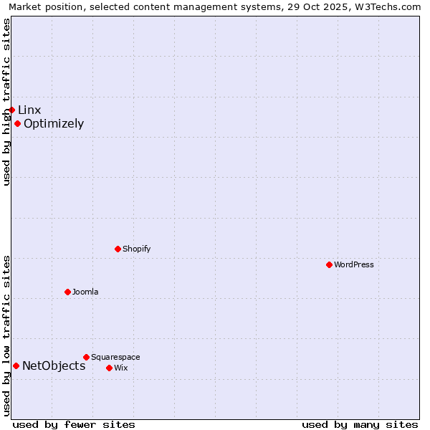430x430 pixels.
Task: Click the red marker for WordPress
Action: (x=329, y=264)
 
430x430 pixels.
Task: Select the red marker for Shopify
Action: (x=118, y=249)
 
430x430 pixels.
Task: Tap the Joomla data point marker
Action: (x=67, y=292)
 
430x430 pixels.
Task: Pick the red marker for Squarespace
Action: (x=86, y=357)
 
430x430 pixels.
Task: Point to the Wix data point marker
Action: (x=109, y=368)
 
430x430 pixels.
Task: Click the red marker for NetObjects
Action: (x=16, y=365)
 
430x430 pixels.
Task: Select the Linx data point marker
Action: (x=11, y=110)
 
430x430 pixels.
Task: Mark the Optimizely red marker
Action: (x=17, y=123)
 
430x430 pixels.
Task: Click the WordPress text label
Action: (x=354, y=264)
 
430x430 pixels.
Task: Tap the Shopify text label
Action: (x=136, y=249)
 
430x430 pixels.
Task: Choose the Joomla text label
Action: (x=85, y=292)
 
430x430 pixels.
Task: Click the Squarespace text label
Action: (x=115, y=357)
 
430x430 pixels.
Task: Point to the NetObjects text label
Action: (x=54, y=365)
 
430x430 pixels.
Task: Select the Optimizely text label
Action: (x=54, y=123)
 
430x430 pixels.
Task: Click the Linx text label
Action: (x=29, y=110)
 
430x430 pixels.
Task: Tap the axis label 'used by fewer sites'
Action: (x=74, y=424)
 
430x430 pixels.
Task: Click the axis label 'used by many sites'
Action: (x=360, y=424)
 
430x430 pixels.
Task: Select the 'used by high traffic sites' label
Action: (x=6, y=102)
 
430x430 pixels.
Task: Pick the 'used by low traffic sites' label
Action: (x=6, y=335)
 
